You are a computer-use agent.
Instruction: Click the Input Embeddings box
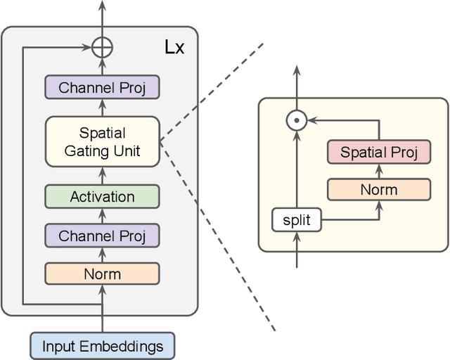point(103,346)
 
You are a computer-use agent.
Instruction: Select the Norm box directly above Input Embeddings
point(103,274)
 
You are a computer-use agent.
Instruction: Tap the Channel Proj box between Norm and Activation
point(103,236)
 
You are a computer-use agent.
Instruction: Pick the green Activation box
point(103,197)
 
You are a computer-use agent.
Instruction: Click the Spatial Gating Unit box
point(103,142)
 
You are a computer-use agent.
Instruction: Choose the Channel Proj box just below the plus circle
point(103,88)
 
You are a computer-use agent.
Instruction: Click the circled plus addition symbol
point(103,48)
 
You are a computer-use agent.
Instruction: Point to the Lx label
point(175,48)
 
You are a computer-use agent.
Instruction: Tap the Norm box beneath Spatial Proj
point(379,189)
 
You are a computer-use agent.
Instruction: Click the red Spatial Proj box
point(379,153)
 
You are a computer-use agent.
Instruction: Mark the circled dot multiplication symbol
point(297,121)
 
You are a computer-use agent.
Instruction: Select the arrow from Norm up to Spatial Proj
point(379,171)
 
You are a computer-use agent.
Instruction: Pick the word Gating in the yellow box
point(89,150)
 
